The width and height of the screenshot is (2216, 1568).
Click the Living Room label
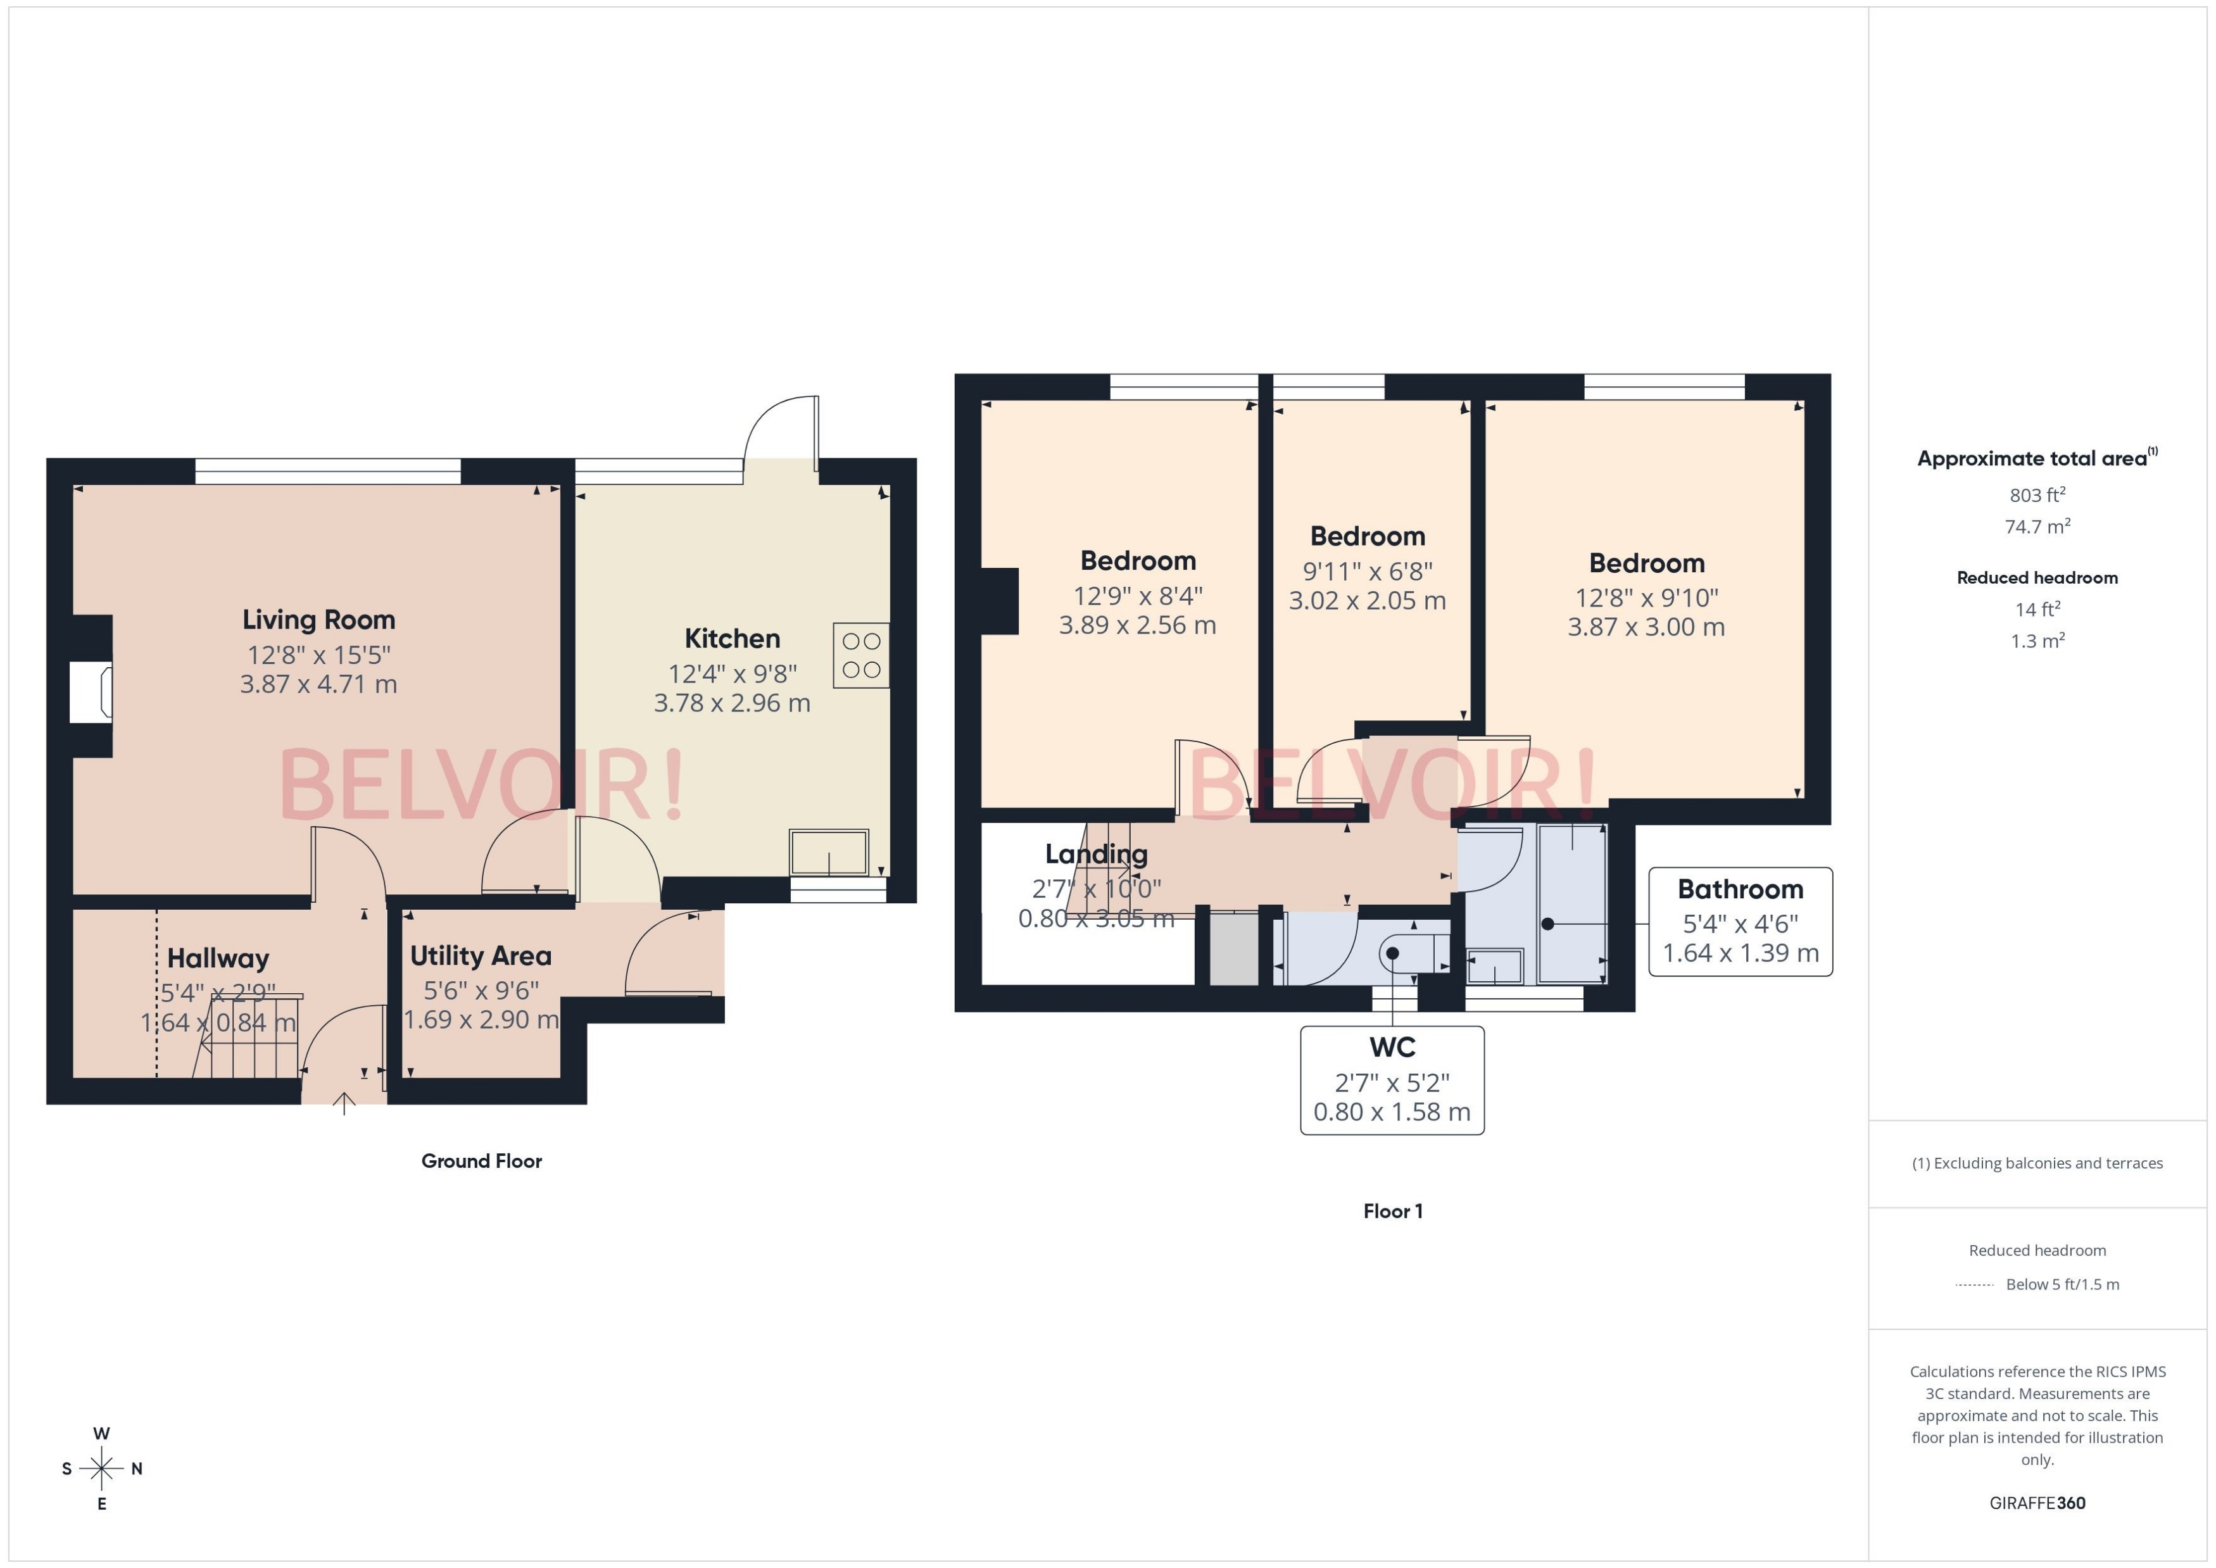[x=318, y=619]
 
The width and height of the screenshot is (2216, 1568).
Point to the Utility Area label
[x=481, y=956]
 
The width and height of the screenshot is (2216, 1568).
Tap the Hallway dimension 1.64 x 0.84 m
[x=218, y=1022]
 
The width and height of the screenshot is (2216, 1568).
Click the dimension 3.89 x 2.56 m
[x=1138, y=625]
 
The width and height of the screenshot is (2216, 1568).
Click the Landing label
[x=1096, y=853]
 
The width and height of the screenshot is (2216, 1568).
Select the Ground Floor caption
[x=481, y=1160]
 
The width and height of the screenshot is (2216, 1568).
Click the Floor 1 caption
[x=1392, y=1211]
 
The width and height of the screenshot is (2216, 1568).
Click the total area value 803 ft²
[x=2037, y=495]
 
